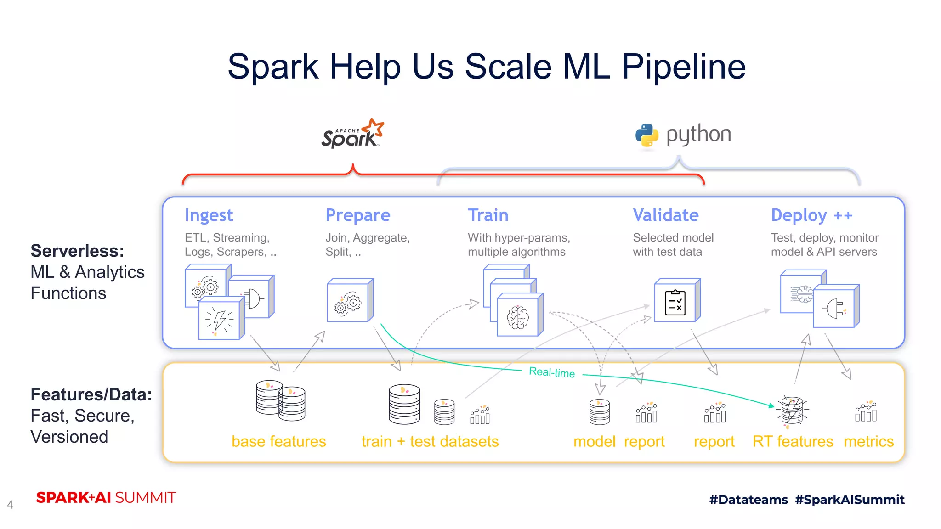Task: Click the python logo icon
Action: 647,135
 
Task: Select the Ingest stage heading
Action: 209,215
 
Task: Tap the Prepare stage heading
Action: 357,215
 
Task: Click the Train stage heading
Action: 488,215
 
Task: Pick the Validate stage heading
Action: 665,215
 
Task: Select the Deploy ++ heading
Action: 811,215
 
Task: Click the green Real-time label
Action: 552,372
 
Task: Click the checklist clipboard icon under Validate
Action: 675,303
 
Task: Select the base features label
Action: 278,441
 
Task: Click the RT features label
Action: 793,441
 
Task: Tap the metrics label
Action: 868,441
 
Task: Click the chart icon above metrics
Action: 866,411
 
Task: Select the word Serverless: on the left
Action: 77,251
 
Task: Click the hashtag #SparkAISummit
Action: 850,500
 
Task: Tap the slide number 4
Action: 10,505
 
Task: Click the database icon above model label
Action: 599,412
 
